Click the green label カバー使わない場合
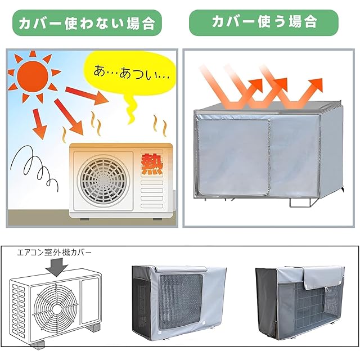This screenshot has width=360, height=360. point(87,24)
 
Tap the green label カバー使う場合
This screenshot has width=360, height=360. point(264,22)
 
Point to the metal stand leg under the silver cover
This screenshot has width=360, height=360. point(298,202)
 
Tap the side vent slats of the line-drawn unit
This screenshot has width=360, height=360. point(20,307)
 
